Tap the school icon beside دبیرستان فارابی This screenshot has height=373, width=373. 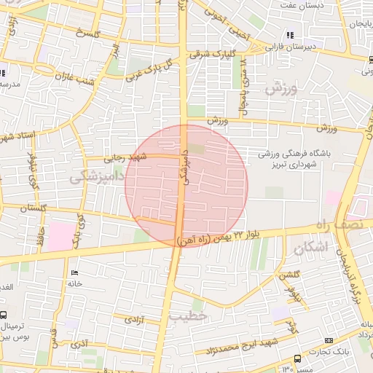coord(291,34)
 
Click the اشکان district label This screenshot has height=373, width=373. coord(311,248)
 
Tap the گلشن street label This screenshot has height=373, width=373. coord(290,274)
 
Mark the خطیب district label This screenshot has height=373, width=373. coord(189,317)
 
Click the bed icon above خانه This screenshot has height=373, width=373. coord(74,272)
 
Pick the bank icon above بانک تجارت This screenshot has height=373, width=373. coord(329,341)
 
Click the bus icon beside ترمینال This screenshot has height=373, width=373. coord(4,315)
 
